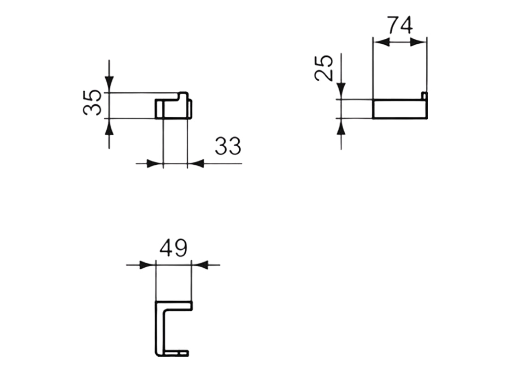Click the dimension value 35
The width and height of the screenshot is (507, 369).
coord(92,102)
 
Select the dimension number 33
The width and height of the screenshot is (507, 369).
coord(227,147)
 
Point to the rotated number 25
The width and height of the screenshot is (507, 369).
coord(325,67)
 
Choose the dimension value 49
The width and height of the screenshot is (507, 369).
coord(173,249)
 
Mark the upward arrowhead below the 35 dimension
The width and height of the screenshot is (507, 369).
coord(109,127)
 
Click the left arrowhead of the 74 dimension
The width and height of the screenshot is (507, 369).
coord(381,42)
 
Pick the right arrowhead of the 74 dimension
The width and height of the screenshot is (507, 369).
coord(419,42)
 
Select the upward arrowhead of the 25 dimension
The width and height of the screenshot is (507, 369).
coord(341,127)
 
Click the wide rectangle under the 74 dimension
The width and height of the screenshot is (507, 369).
coord(400,109)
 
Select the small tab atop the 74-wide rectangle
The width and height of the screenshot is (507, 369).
coord(424,95)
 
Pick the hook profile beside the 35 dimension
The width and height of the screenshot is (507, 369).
coord(173,107)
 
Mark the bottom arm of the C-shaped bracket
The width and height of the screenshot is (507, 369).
coord(175,354)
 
